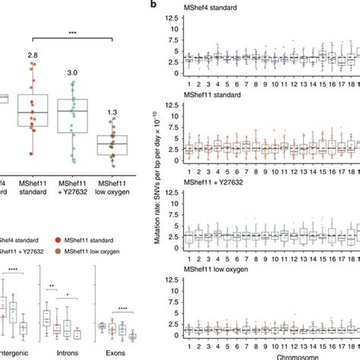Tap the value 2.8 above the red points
pyautogui.click(x=33, y=55)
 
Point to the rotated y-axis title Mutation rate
pyautogui.click(x=156, y=178)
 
